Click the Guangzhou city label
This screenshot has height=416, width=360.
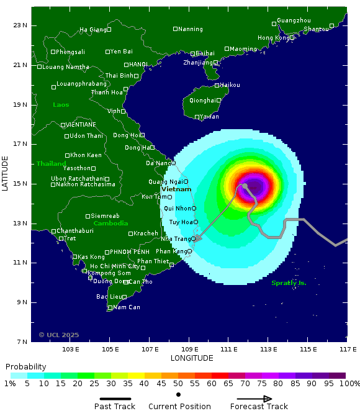(x=294, y=20)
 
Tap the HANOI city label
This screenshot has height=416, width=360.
(x=138, y=64)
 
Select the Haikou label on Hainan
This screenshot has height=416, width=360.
(x=230, y=84)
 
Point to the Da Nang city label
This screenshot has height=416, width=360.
(x=158, y=163)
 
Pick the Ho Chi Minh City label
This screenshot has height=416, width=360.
(x=115, y=266)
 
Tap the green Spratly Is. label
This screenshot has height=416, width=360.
(x=289, y=283)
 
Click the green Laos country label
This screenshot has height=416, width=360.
(x=61, y=104)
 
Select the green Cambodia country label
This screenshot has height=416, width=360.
(x=110, y=223)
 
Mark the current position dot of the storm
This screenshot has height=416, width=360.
(x=245, y=186)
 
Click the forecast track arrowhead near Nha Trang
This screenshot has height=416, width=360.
(x=197, y=238)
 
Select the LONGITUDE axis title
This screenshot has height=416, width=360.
(x=192, y=358)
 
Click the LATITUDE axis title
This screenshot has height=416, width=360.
(x=6, y=173)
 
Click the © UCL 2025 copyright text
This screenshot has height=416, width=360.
(x=59, y=335)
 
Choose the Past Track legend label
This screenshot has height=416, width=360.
(x=115, y=407)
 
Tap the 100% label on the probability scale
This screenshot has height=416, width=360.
(x=349, y=384)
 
